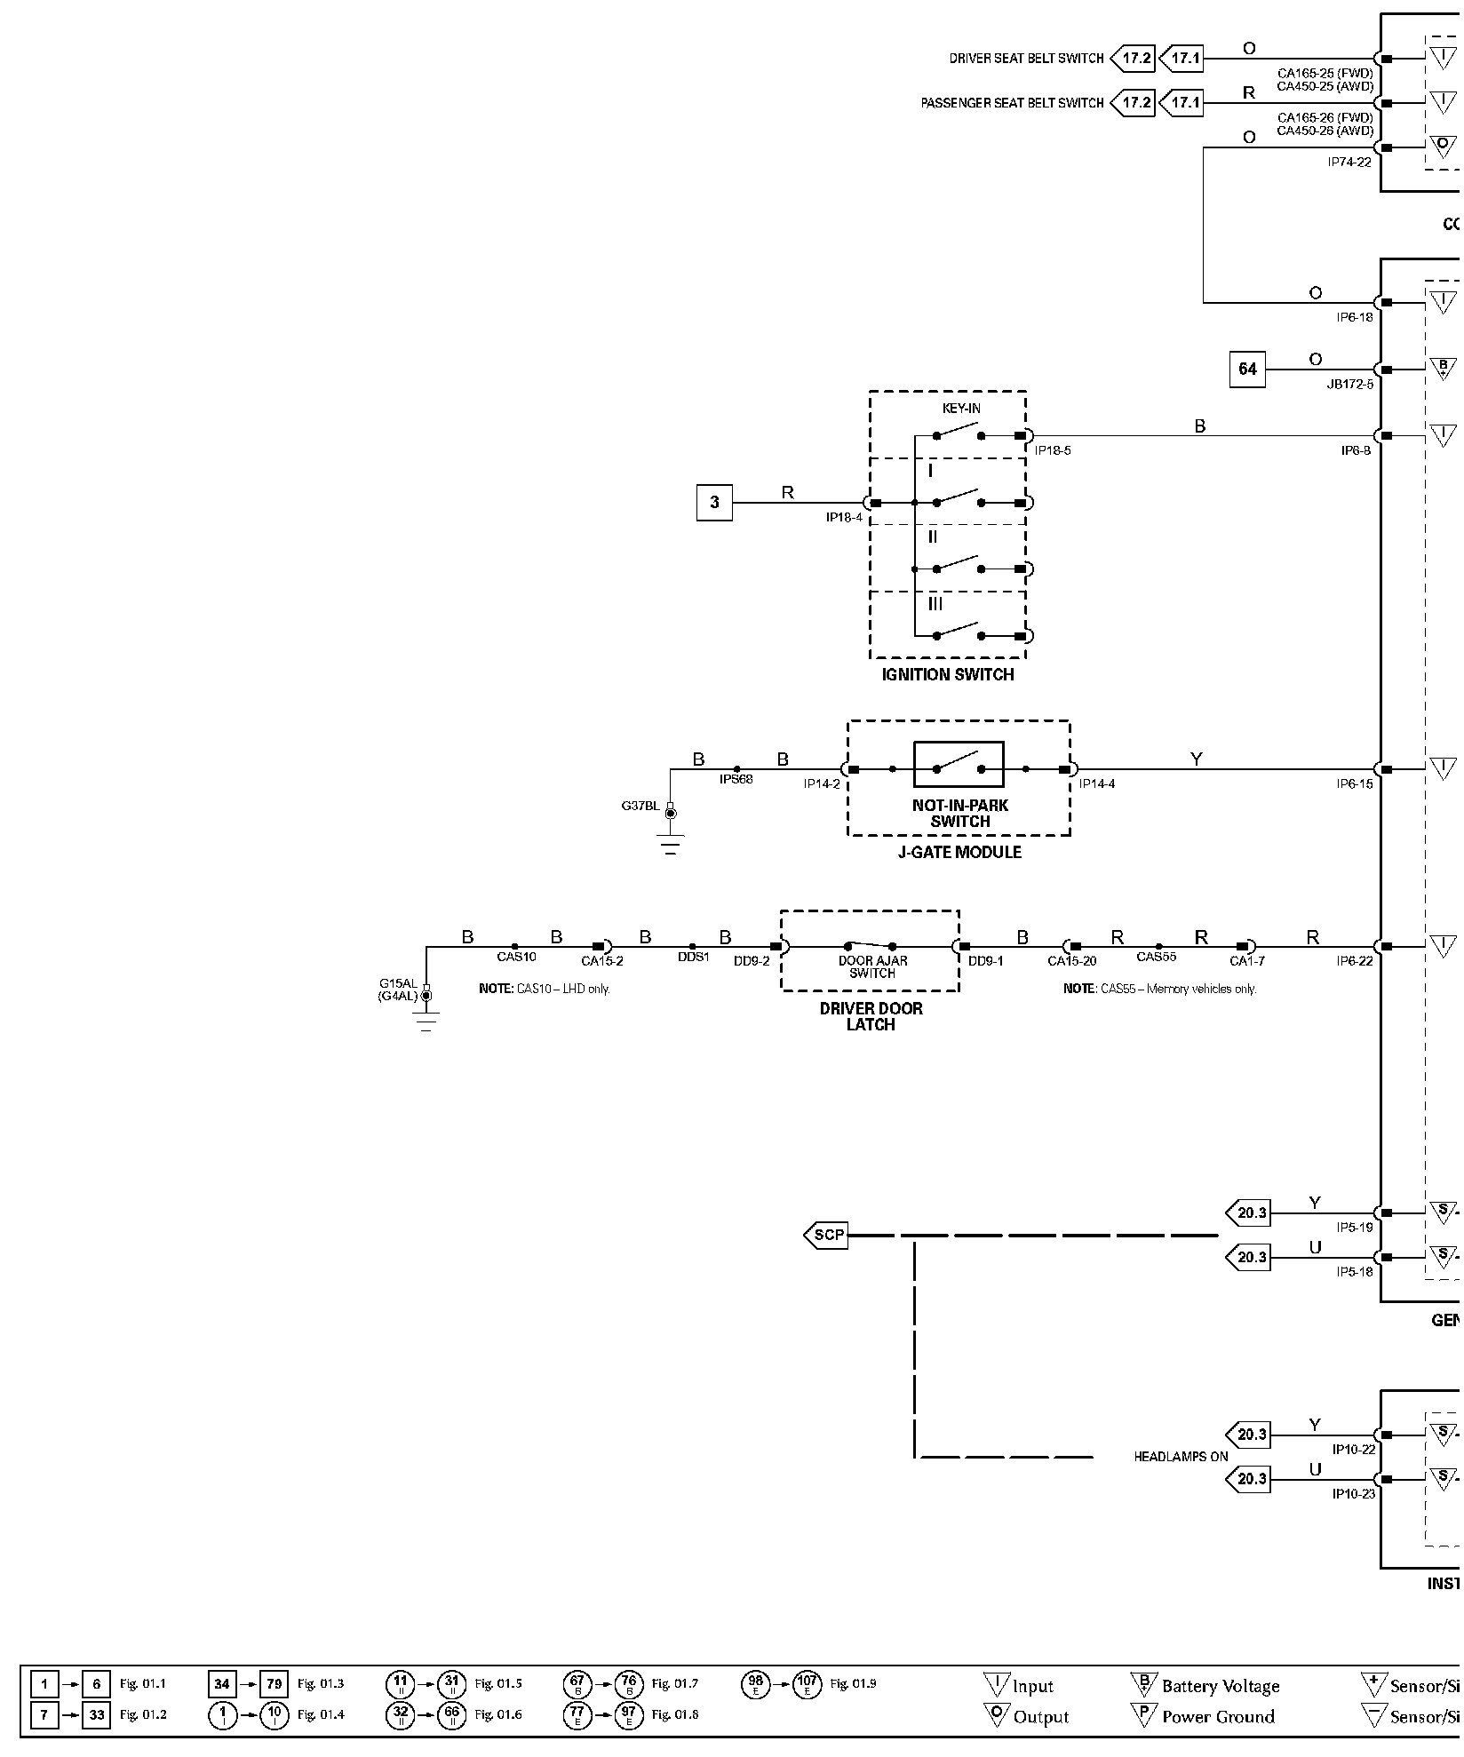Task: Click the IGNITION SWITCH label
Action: pos(947,674)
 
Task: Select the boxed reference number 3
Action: pos(714,503)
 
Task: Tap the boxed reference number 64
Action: pos(1247,369)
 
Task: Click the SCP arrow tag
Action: pos(826,1235)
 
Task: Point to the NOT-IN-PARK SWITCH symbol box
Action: pos(959,765)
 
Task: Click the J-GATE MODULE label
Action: pos(960,852)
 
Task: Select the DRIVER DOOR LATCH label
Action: pos(871,1016)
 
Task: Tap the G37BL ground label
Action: pos(640,806)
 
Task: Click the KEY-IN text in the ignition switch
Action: pos(961,409)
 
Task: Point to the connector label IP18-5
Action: pos(1053,450)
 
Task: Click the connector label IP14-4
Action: pos(1097,783)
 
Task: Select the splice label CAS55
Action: pos(1156,957)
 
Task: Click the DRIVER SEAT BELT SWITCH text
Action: pos(1026,59)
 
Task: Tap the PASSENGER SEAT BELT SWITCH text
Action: pos(1012,103)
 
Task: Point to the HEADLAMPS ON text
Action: pos(1181,1457)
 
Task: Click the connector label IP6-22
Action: pos(1354,960)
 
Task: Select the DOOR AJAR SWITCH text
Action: pos(872,966)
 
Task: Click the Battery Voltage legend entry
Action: pos(1220,1686)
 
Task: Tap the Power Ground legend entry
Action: pos(1217,1716)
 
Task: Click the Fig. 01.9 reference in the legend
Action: pos(853,1683)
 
